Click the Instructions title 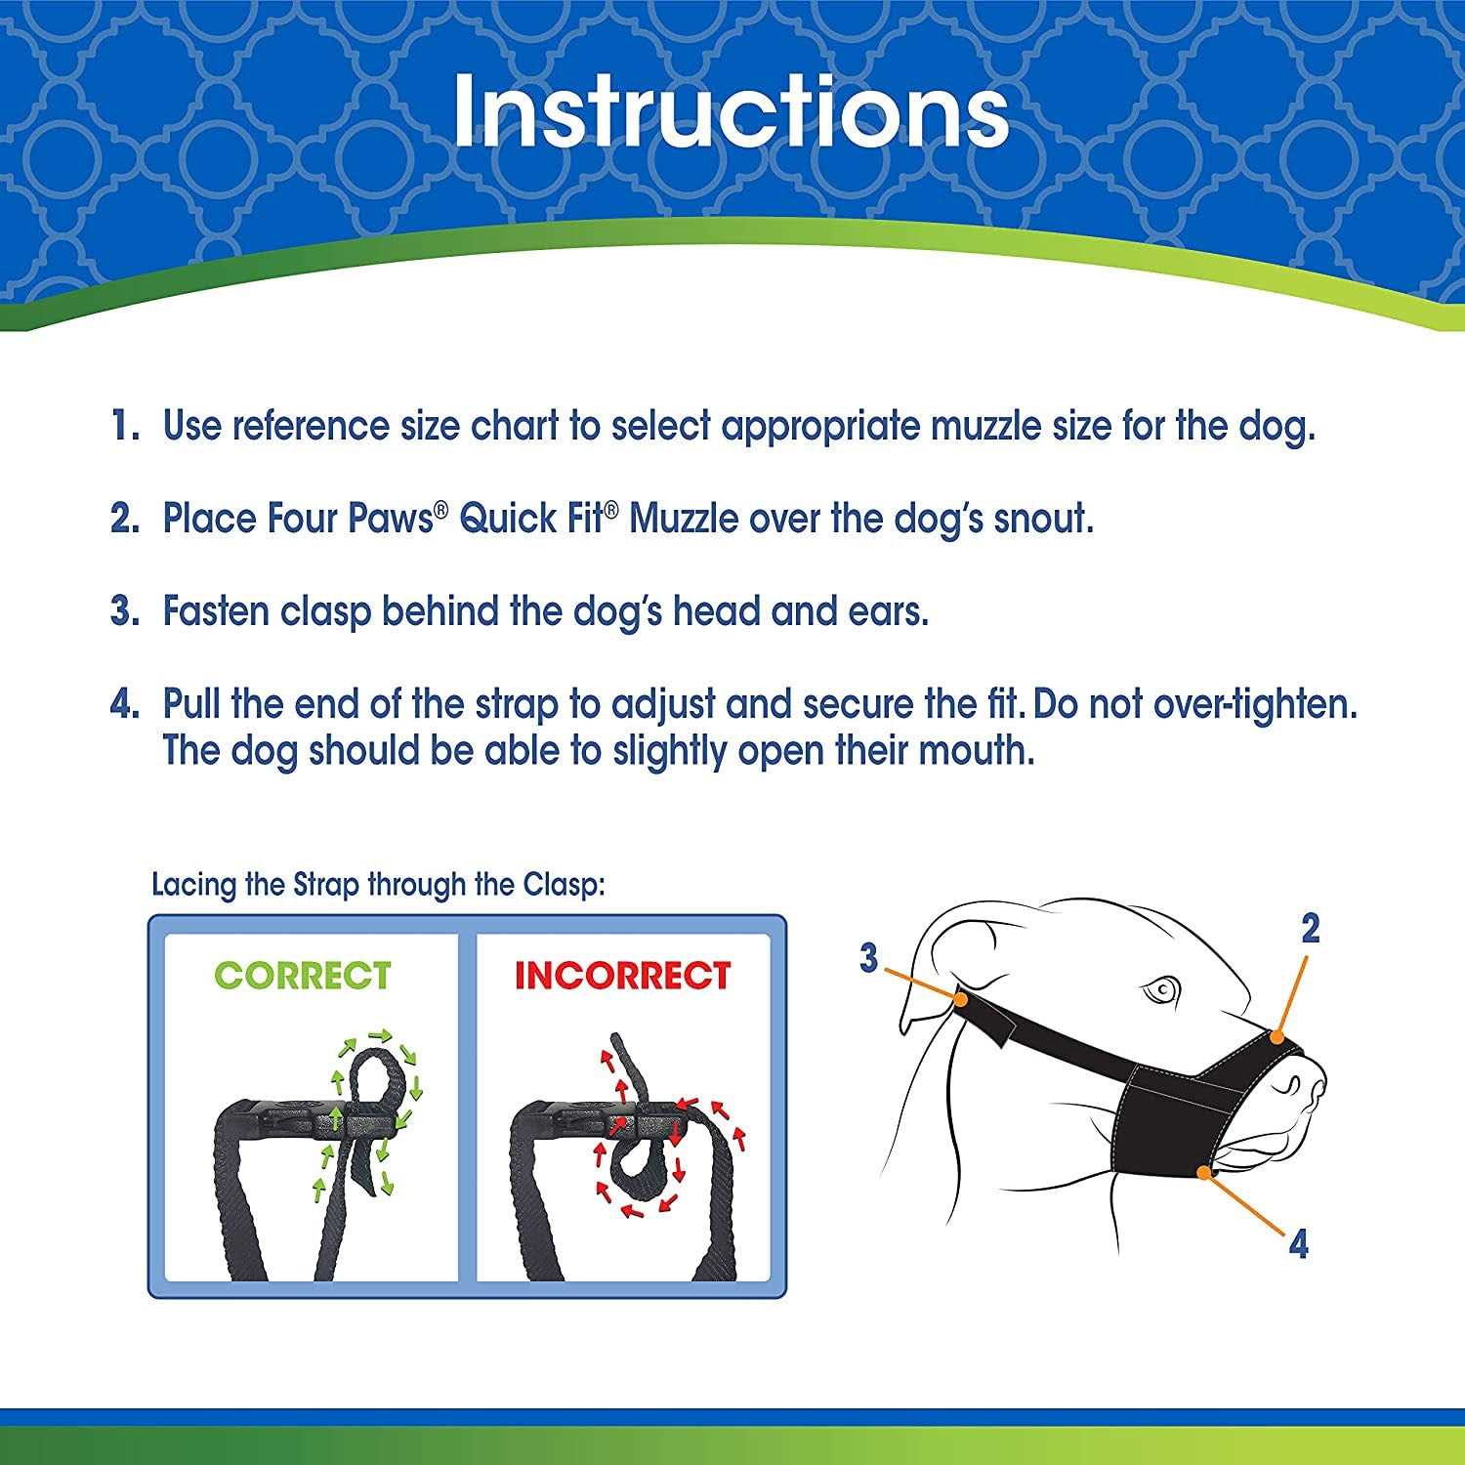click(x=731, y=112)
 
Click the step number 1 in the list click(x=125, y=426)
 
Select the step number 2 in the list click(x=125, y=519)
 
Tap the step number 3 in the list click(x=125, y=611)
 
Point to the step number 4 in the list click(x=125, y=704)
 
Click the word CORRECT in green click(x=303, y=976)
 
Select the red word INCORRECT click(x=623, y=976)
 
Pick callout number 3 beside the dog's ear click(x=869, y=958)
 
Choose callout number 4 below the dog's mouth click(x=1298, y=1244)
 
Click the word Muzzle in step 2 click(x=684, y=519)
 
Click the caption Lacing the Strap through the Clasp click(x=379, y=885)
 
